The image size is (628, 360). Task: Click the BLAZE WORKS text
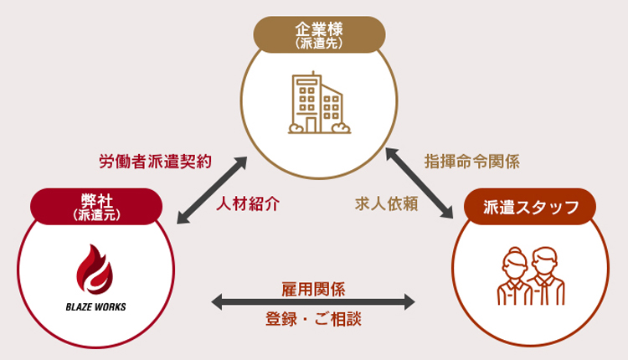point(95,306)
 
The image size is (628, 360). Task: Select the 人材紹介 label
point(247,204)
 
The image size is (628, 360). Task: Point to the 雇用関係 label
point(314,290)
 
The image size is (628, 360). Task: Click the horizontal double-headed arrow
point(314,303)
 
